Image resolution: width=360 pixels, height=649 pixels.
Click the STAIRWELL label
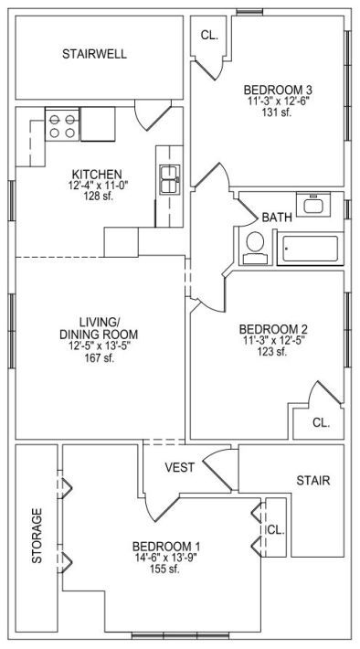click(x=94, y=54)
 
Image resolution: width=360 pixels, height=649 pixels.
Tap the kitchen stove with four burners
click(x=62, y=126)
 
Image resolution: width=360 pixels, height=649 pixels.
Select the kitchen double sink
click(x=170, y=180)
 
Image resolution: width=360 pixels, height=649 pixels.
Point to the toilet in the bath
click(x=255, y=248)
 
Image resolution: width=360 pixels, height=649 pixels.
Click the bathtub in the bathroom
click(x=311, y=249)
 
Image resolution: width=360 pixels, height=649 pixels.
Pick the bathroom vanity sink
click(x=313, y=204)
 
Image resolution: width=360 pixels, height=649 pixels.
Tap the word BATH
click(x=277, y=217)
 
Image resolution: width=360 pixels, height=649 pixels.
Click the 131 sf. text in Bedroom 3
click(x=277, y=112)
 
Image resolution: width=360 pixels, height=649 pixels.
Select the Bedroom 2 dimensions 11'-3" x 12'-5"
click(x=273, y=341)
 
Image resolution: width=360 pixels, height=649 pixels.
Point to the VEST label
click(x=180, y=468)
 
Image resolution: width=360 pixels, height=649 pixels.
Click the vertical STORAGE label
click(x=37, y=535)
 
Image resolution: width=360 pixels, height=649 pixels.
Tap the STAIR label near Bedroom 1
click(x=313, y=481)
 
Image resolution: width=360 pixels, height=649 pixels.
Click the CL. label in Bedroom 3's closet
click(x=209, y=36)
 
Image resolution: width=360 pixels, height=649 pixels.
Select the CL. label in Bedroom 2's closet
click(x=321, y=422)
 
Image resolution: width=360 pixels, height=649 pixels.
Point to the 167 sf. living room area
click(x=99, y=358)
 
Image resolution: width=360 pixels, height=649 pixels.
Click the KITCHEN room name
click(x=97, y=174)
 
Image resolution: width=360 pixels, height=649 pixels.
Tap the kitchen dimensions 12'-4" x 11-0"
click(x=100, y=186)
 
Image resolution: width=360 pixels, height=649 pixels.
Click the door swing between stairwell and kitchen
click(x=153, y=115)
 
